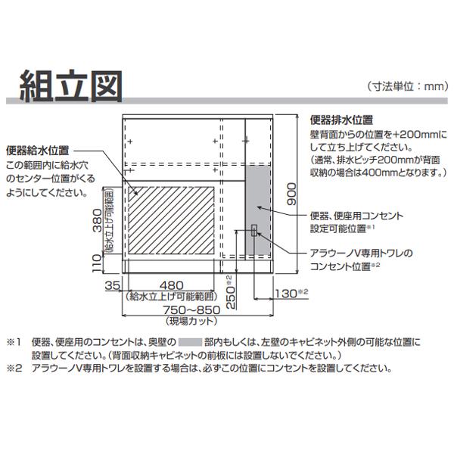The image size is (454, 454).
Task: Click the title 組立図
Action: point(71,86)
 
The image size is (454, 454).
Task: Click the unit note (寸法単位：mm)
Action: point(408,86)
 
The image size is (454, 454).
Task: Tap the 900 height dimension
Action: point(291,194)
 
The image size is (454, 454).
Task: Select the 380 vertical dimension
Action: point(98,221)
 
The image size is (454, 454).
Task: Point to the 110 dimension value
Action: point(98,263)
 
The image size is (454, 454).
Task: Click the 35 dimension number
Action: point(112,286)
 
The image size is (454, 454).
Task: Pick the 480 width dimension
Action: point(172,286)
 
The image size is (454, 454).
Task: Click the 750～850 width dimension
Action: point(191,310)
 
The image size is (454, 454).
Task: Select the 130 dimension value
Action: point(286,294)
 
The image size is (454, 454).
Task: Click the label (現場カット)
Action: point(191,321)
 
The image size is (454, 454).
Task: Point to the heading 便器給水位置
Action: point(38,151)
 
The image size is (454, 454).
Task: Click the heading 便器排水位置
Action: point(341,120)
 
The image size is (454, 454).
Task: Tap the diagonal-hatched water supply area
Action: point(171,220)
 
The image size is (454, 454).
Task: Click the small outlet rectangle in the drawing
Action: point(254,231)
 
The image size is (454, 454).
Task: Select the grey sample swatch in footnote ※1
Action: point(190,342)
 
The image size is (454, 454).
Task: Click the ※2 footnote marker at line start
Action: point(14,368)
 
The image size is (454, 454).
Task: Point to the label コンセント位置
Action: point(340,266)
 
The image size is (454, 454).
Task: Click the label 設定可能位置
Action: point(338,229)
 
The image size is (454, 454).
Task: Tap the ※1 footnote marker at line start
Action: point(14,343)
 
